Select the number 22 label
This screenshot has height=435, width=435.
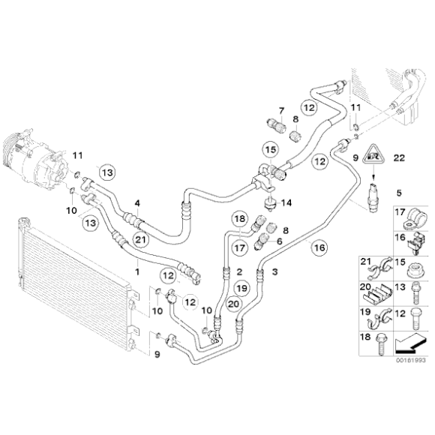click(x=398, y=157)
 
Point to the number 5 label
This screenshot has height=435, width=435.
click(x=398, y=191)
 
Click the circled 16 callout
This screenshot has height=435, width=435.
click(x=319, y=247)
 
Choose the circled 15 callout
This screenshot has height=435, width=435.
click(x=270, y=150)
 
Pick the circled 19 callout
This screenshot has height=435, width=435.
click(x=239, y=288)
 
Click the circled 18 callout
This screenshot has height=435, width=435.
click(x=239, y=219)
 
